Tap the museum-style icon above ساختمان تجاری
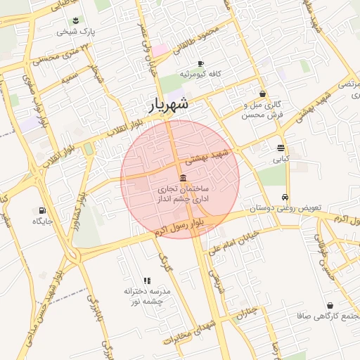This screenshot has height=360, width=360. pyautogui.click(x=183, y=177)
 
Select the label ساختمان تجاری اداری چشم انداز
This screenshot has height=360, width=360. pyautogui.click(x=182, y=195)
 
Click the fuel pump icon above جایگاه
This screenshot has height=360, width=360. pyautogui.click(x=42, y=210)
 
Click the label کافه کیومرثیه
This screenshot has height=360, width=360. pyautogui.click(x=200, y=74)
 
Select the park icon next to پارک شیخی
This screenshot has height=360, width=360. pyautogui.click(x=76, y=20)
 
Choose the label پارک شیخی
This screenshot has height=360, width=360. pyautogui.click(x=76, y=32)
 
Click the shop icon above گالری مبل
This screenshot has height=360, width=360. pyautogui.click(x=262, y=94)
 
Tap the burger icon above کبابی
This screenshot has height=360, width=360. pyautogui.click(x=281, y=148)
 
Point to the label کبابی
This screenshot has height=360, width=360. pyautogui.click(x=281, y=160)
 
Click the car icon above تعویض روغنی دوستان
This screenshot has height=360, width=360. pyautogui.click(x=284, y=198)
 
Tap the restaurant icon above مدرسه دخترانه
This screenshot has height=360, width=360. pyautogui.click(x=147, y=281)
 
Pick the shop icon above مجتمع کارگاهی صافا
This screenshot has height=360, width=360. pyautogui.click(x=330, y=305)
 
